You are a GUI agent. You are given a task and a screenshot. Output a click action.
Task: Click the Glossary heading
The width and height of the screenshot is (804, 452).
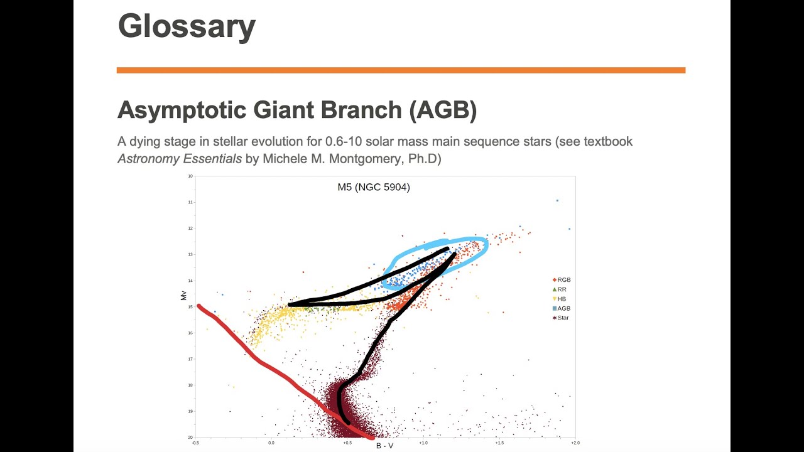pos(187,26)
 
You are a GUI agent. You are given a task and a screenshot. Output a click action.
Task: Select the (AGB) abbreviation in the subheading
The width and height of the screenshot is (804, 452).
pos(443,110)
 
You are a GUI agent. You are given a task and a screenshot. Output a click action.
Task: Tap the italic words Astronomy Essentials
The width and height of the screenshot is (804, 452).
pos(180,159)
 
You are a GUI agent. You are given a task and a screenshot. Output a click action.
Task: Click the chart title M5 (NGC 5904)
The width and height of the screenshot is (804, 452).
pos(374,187)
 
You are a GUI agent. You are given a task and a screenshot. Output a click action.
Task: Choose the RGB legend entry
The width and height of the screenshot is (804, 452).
pos(563,280)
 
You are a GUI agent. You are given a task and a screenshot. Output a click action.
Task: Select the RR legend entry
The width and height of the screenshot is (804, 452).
pos(562,289)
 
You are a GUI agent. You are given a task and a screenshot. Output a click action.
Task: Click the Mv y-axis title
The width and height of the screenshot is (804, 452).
pos(184,295)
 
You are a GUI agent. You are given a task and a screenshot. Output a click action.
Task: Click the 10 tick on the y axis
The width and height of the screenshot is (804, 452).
pos(190,176)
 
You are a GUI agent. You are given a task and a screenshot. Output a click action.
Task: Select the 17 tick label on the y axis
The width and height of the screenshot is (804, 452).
pos(190,359)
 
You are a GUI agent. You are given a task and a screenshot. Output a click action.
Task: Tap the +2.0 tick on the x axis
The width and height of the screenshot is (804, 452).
pos(574,443)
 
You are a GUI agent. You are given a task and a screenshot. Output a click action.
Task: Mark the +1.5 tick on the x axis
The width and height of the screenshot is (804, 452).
pos(499,443)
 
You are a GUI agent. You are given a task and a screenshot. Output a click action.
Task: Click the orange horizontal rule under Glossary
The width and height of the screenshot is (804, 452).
pos(401,70)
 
